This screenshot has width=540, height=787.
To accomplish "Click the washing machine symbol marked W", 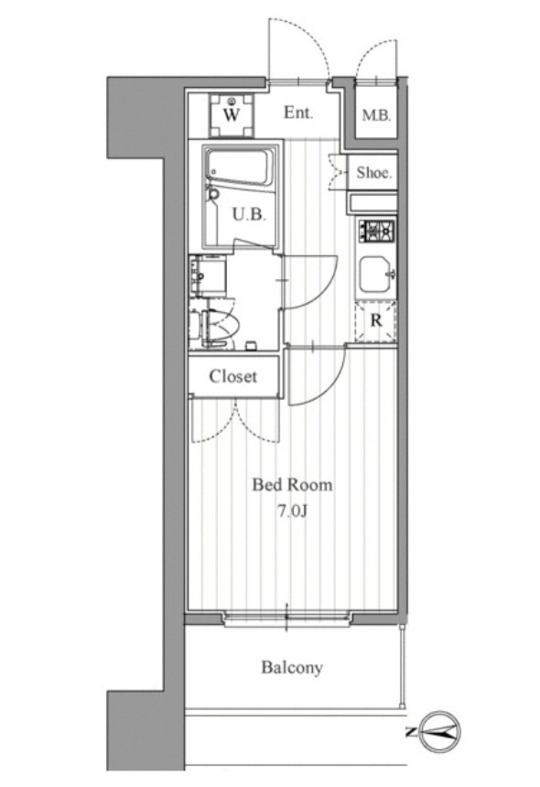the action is (x=232, y=115).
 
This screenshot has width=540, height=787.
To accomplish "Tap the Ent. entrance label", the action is (x=298, y=113).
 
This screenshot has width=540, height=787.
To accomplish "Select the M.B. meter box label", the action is (x=376, y=116).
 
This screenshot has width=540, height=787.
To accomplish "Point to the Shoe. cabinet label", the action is (x=374, y=173).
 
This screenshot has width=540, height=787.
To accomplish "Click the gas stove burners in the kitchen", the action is (x=376, y=232).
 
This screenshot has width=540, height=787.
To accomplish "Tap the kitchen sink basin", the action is (x=376, y=275).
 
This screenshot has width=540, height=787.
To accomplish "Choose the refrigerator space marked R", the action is (x=376, y=320).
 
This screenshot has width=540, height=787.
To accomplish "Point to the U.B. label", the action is (x=249, y=215).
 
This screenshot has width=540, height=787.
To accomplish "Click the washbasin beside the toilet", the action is (x=207, y=275).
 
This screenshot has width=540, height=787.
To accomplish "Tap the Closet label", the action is (x=232, y=376).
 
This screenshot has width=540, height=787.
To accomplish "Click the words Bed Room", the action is (x=292, y=485).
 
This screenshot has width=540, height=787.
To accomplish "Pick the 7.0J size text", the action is (x=292, y=511).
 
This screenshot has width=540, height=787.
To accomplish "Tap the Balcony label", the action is (x=292, y=667).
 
